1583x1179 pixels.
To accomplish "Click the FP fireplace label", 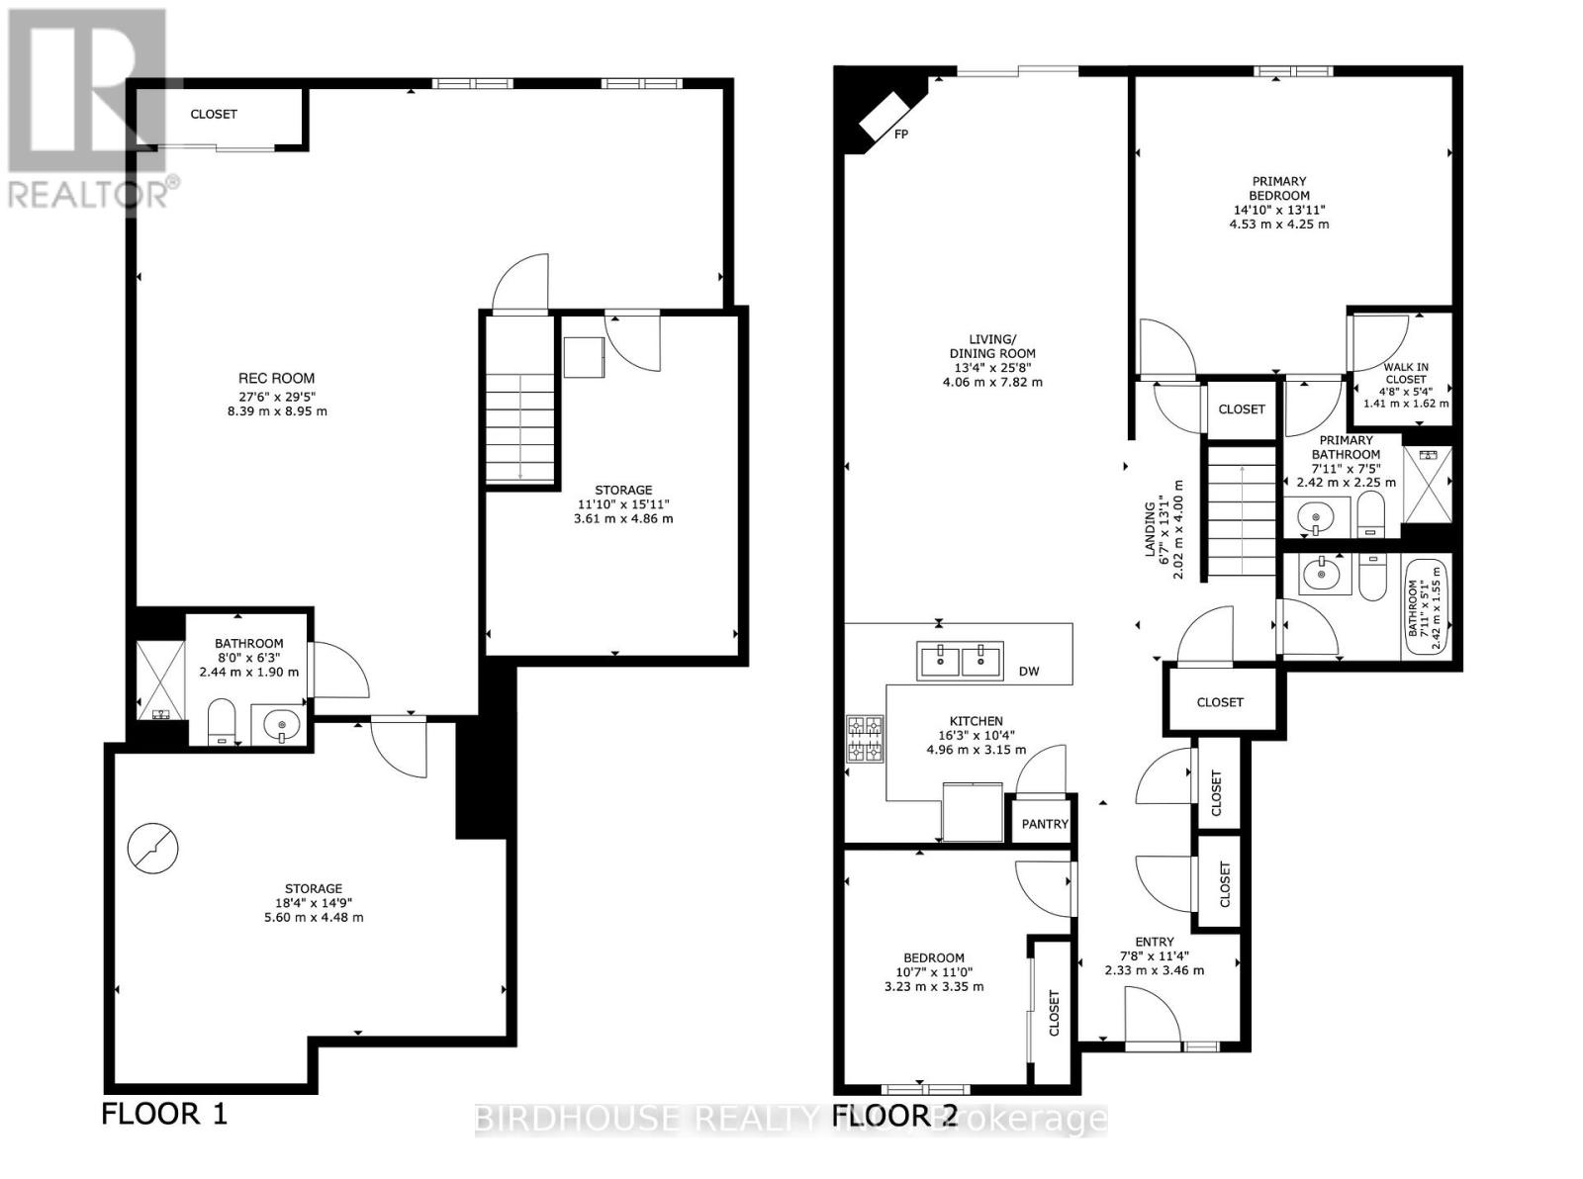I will point(901,134).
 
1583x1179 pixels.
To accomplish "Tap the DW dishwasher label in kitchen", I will point(1029,671).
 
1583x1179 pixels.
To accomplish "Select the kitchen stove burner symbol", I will point(863,740).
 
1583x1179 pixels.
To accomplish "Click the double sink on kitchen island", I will point(960,660).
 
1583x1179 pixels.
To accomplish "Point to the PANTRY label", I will point(1045,824).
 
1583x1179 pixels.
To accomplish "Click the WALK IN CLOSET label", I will point(1405,373).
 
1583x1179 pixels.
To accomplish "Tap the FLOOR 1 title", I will point(164,1114).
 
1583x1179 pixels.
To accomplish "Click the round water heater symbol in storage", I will point(153,849).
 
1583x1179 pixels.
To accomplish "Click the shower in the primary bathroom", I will point(1427,485).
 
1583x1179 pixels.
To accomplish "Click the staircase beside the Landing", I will point(1240,512).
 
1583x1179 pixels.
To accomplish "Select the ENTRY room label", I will point(1154,942).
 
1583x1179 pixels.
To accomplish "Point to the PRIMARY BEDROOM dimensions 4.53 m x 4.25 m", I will point(1278,224).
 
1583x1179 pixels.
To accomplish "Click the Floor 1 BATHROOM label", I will point(249,643).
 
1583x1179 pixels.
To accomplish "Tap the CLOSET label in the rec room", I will point(214,114).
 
